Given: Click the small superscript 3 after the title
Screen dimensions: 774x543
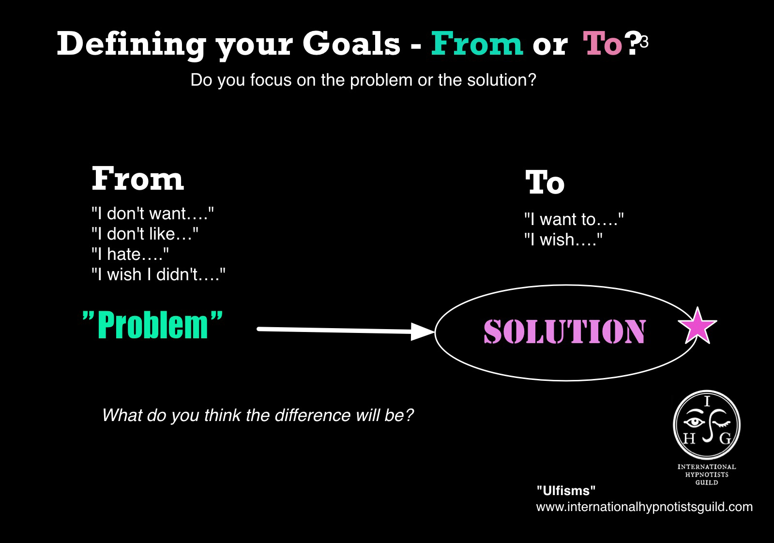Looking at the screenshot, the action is click(x=644, y=42).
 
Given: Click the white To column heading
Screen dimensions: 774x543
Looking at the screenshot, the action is click(x=545, y=182).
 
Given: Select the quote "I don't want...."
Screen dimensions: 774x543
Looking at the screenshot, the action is click(x=153, y=213).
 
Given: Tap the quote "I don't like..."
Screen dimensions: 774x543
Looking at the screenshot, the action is click(x=145, y=234).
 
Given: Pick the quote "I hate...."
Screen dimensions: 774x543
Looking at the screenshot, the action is click(x=130, y=254).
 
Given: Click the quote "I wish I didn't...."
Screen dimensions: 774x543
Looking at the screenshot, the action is click(x=159, y=274).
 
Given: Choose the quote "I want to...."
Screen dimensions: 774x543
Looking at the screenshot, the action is click(x=574, y=219).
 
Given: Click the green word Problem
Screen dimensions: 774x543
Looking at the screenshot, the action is click(x=152, y=325).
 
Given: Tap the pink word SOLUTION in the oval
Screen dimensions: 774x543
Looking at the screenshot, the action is click(x=564, y=332).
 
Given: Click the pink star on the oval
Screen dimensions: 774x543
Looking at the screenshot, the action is click(x=698, y=326).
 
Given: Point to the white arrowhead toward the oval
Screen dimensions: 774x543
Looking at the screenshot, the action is click(x=422, y=332).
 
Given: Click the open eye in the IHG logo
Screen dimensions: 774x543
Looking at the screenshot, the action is click(x=694, y=422).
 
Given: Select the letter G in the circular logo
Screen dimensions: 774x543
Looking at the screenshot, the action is click(x=725, y=438).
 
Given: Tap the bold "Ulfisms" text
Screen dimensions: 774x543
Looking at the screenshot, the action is click(x=566, y=491).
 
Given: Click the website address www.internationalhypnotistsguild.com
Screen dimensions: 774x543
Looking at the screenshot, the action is click(x=644, y=507).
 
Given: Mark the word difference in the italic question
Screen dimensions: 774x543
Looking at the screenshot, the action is click(x=312, y=415).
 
